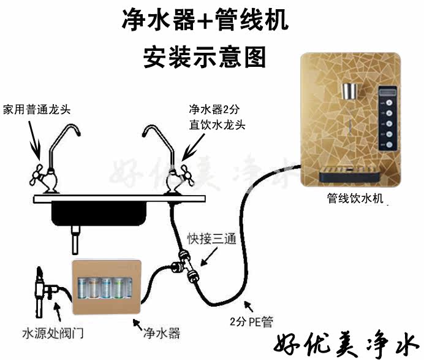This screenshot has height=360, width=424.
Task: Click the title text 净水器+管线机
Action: coord(205,23)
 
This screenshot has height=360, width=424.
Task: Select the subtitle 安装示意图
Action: coord(205,56)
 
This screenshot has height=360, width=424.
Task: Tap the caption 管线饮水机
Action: coord(355,199)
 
